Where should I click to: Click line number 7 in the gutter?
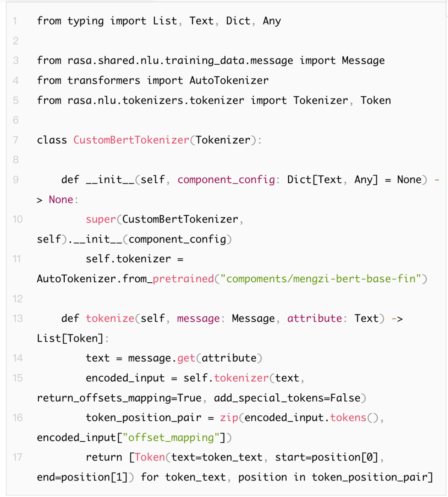tap(16, 140)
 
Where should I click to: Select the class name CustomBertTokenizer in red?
tap(131, 140)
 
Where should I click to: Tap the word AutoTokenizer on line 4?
tap(229, 80)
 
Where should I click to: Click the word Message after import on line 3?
tap(363, 61)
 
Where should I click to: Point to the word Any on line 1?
tap(272, 21)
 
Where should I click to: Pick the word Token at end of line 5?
tap(375, 100)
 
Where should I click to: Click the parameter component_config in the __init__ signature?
tap(226, 180)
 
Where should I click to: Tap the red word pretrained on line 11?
tap(183, 279)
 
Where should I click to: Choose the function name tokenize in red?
tap(110, 318)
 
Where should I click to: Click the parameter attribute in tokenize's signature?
tap(315, 318)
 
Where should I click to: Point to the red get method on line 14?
tap(186, 358)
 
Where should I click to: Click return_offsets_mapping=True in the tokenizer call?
tap(119, 398)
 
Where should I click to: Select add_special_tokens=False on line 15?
tap(287, 398)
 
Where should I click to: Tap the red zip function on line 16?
tap(229, 417)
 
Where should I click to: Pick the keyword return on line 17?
tap(104, 457)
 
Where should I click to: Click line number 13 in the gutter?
tap(17, 318)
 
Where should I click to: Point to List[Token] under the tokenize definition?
tap(70, 338)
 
